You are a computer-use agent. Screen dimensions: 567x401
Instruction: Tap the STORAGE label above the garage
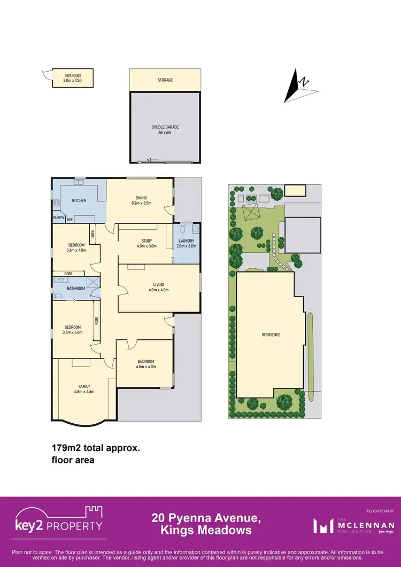tap(165, 80)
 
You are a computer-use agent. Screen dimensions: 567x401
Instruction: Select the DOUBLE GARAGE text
tap(165, 127)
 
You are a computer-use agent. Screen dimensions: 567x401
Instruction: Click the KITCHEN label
tap(79, 201)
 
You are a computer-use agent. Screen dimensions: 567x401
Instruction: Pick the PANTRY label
tap(58, 218)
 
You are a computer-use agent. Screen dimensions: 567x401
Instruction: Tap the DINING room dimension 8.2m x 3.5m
tap(141, 203)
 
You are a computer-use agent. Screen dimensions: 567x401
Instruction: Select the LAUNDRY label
tap(187, 240)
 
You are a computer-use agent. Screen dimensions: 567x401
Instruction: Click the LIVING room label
tap(158, 284)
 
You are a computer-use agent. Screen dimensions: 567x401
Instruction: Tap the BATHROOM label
tap(76, 289)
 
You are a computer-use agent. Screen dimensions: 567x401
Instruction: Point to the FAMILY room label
tap(83, 386)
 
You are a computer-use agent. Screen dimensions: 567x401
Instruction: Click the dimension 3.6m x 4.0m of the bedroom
tap(76, 250)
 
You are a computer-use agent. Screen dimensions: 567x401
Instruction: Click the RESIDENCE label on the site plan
tap(271, 335)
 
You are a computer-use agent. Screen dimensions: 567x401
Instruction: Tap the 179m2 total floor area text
tap(96, 449)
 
